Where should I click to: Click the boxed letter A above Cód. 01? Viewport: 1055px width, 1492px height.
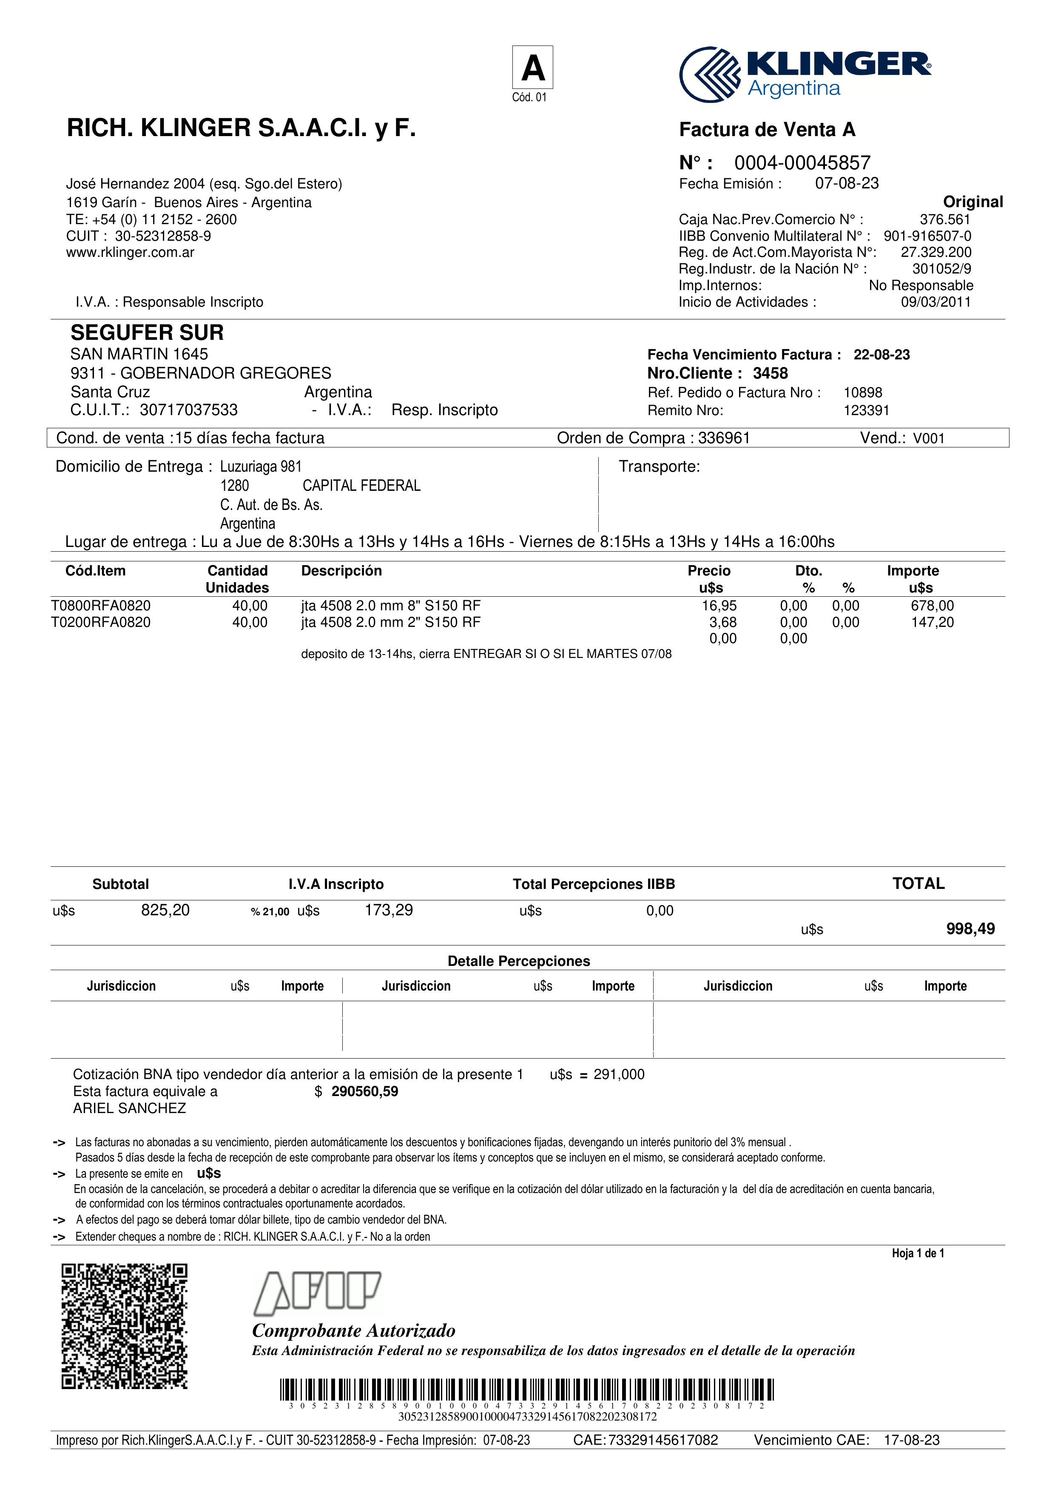[533, 68]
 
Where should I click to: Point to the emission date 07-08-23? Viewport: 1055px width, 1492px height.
[847, 184]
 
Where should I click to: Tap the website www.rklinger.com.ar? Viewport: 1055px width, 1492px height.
[130, 253]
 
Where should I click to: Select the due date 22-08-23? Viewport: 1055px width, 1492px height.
[881, 355]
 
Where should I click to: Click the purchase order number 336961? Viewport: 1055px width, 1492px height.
[724, 438]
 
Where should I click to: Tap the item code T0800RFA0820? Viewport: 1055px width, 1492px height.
[101, 606]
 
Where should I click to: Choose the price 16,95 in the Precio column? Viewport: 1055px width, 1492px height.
[719, 606]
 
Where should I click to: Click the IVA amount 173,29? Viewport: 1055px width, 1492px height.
[389, 911]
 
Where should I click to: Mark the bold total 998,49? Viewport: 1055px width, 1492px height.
[970, 929]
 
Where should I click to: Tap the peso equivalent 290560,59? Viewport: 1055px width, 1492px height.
[364, 1092]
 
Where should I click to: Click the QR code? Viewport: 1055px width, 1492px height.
[125, 1326]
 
